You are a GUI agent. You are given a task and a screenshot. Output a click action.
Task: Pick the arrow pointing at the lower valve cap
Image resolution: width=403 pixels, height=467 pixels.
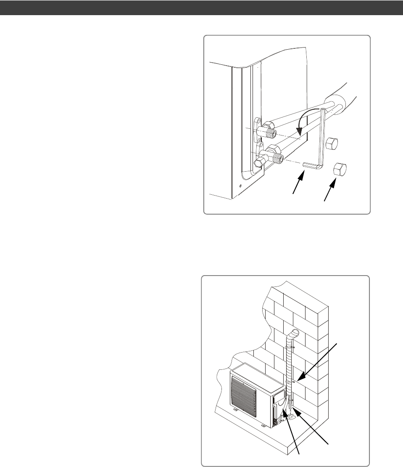(x=329, y=189)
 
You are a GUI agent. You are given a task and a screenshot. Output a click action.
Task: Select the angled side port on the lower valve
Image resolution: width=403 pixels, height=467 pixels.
(x=259, y=162)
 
